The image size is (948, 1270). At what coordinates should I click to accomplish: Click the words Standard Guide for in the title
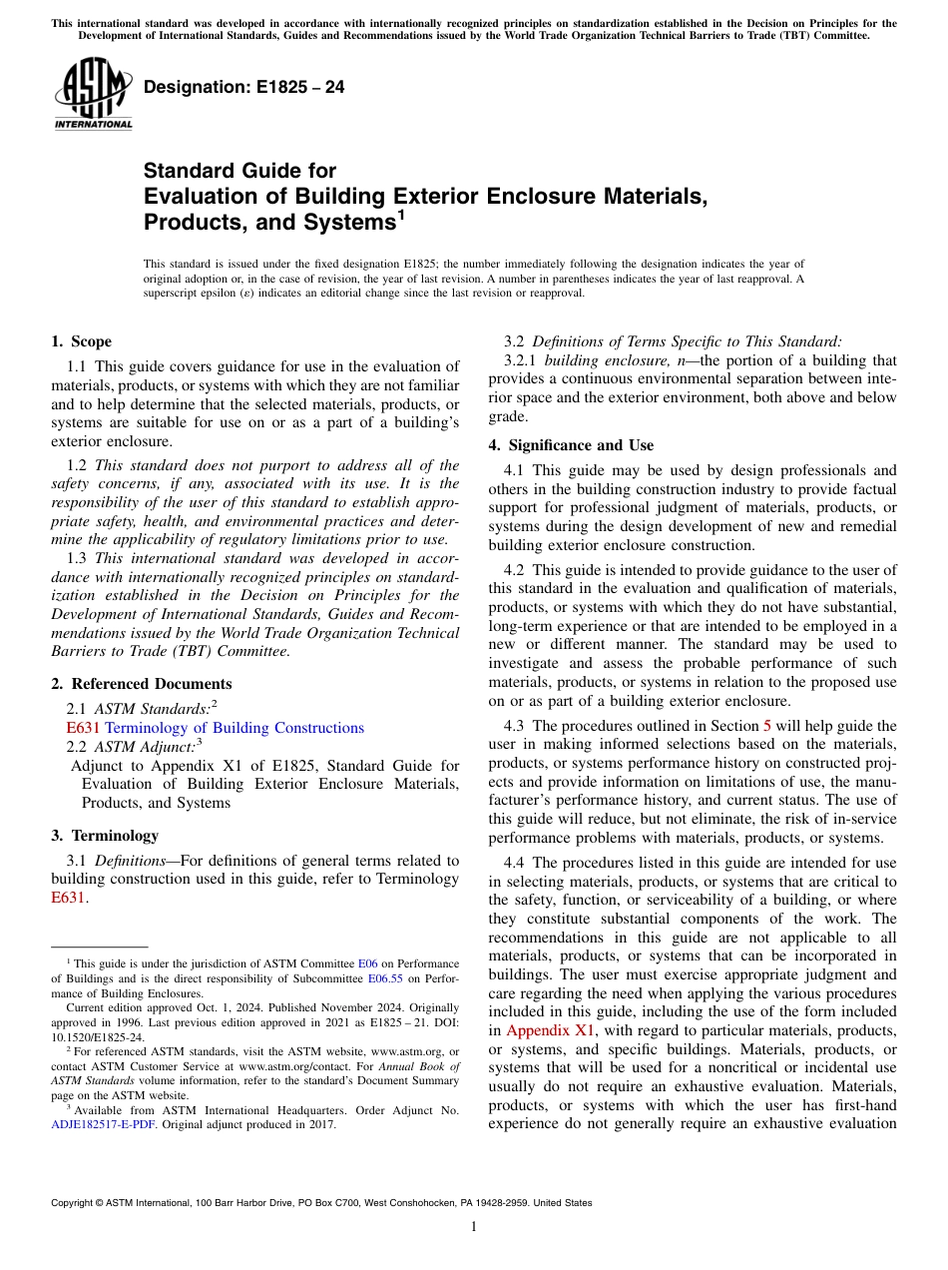point(239,171)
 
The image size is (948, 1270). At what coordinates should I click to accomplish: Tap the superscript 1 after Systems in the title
point(400,213)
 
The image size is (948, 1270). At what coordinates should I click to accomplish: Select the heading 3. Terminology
point(104,836)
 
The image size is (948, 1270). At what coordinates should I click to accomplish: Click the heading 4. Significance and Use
point(571,445)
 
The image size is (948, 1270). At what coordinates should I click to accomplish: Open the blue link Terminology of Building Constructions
point(235,728)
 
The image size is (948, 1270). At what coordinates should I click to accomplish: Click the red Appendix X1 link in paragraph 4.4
point(542,1030)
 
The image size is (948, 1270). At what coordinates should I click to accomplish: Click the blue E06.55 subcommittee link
point(384,979)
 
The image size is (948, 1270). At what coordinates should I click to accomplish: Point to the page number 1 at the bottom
point(474,1226)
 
